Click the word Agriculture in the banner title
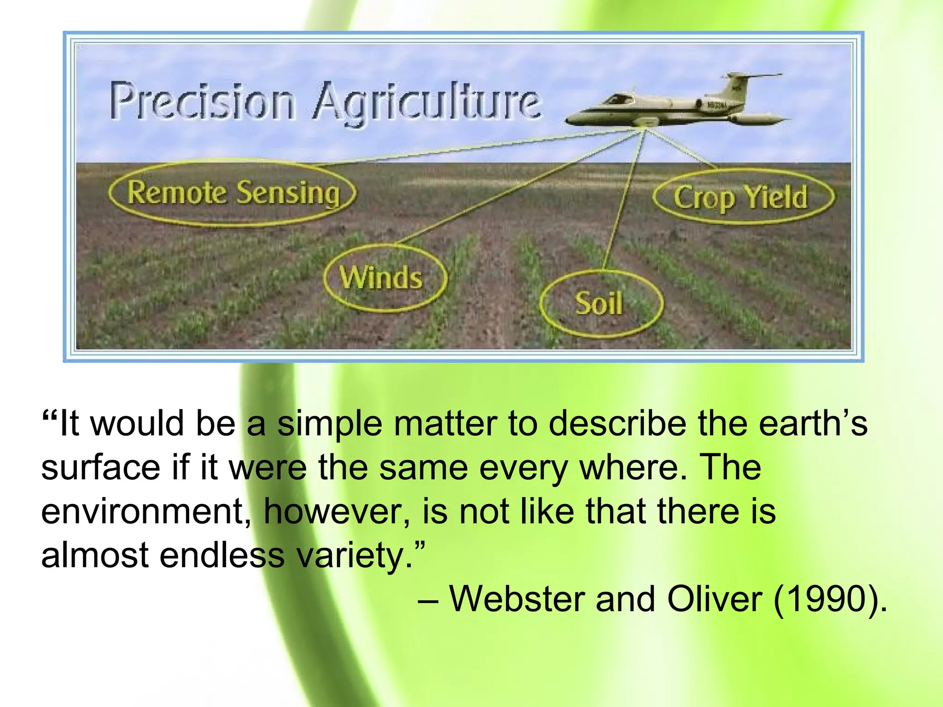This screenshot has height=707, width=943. click(x=426, y=104)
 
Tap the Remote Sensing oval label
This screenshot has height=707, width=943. click(x=233, y=192)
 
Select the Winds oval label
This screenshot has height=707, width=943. click(x=382, y=278)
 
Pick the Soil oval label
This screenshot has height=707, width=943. click(x=599, y=304)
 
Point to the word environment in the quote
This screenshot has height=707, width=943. click(x=146, y=512)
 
